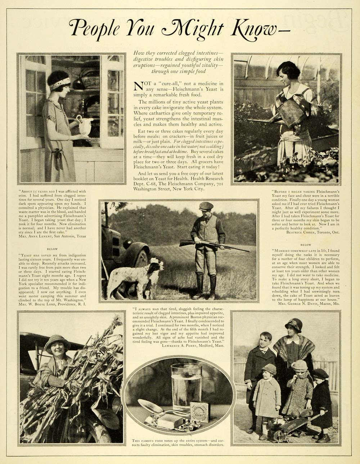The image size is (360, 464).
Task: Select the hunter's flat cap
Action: click(206, 206)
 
